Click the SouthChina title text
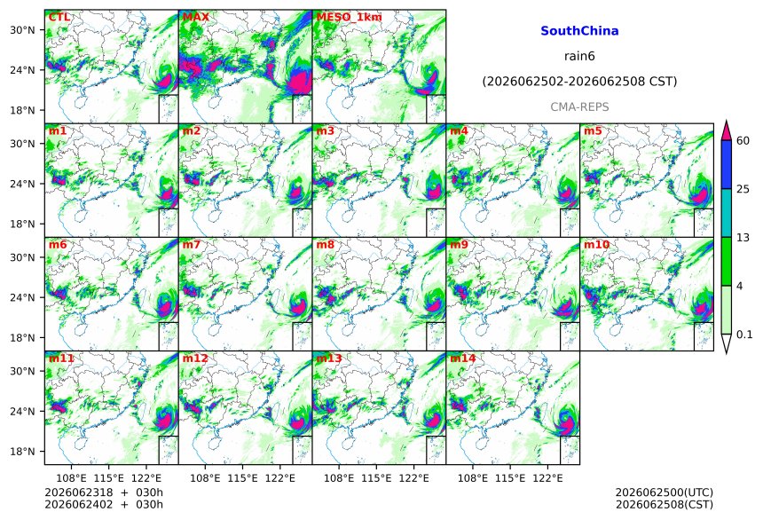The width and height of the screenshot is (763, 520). [x=579, y=31]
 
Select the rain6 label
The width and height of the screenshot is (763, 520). [x=579, y=56]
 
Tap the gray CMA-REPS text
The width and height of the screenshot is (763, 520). [x=579, y=107]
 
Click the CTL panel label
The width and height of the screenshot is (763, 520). [x=59, y=17]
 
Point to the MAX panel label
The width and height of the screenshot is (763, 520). [x=195, y=17]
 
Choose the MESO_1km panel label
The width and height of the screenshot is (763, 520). [x=349, y=17]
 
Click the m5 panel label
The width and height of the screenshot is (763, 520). [x=593, y=131]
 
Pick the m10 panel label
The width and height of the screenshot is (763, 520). [x=596, y=244]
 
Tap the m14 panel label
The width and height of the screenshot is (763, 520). [x=463, y=358]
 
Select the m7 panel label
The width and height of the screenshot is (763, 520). [x=192, y=244]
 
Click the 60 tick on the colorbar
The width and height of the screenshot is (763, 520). [x=743, y=141]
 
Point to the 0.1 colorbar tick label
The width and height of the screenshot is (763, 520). [x=744, y=335]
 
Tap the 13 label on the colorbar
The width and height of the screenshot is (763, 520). [x=743, y=238]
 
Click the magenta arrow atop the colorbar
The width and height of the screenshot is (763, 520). [x=727, y=130]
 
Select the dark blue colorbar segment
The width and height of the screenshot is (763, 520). [x=727, y=164]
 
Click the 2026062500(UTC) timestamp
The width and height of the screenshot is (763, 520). [x=665, y=492]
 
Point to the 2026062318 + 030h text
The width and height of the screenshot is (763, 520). [x=104, y=492]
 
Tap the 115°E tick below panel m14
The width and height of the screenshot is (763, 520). [x=510, y=478]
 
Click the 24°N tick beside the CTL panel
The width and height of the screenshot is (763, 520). [x=22, y=70]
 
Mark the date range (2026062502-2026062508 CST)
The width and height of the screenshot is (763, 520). [x=579, y=82]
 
